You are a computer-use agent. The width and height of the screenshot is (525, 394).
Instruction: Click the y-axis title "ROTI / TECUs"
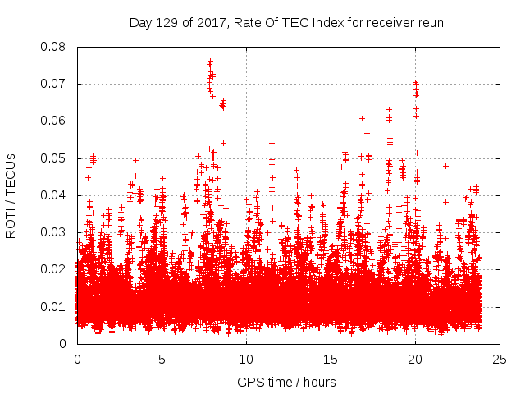[x=11, y=195]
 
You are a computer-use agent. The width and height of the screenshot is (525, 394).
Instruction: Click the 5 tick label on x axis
[x=162, y=360]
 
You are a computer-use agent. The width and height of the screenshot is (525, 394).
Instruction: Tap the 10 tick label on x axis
[x=246, y=360]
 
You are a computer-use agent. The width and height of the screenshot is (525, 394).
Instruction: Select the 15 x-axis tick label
[x=331, y=360]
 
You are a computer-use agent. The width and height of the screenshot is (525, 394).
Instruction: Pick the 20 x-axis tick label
[x=416, y=360]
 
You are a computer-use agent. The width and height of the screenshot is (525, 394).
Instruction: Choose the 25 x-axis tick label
[x=500, y=360]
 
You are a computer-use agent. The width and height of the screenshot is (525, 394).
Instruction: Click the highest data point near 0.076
[x=210, y=62]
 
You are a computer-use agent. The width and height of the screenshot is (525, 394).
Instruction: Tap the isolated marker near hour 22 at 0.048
[x=445, y=166]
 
